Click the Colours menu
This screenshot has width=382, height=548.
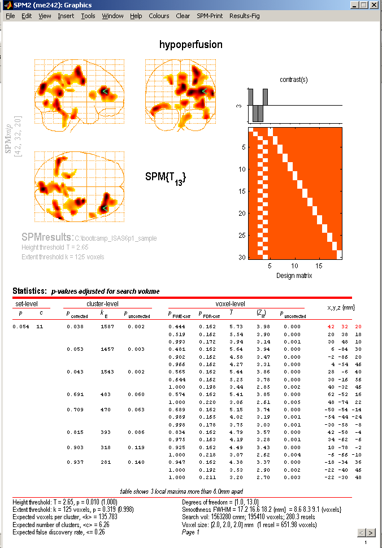point(159,16)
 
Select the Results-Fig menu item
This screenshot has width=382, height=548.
point(244,16)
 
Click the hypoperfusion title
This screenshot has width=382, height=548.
point(190,45)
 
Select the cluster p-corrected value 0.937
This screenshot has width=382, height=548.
point(75,462)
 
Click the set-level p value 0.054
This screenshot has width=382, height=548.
point(20,326)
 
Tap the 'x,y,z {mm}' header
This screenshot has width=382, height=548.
point(341,307)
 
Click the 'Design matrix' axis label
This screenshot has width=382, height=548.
point(293,276)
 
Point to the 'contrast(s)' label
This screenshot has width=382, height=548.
point(293,80)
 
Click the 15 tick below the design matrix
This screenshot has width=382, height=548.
point(318,265)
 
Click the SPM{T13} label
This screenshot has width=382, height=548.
point(166,178)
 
